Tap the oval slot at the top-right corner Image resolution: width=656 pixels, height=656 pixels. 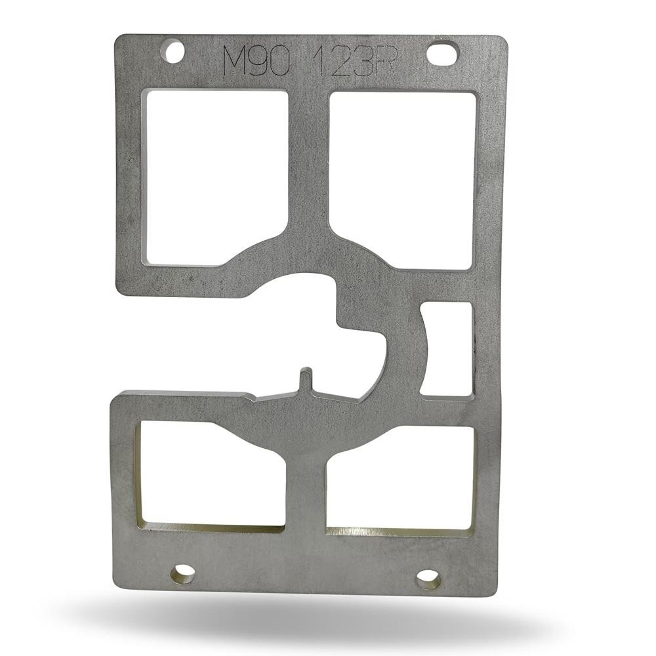coord(443,53)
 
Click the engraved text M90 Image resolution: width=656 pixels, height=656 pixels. coord(256,62)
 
